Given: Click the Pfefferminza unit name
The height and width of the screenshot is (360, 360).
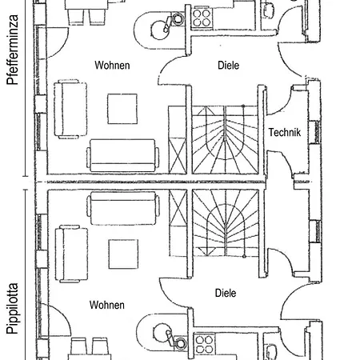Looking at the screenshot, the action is pos(13,50).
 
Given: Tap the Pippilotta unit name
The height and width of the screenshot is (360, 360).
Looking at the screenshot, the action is pos(13,309).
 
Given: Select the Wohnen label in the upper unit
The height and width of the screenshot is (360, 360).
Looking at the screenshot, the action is pos(112,66).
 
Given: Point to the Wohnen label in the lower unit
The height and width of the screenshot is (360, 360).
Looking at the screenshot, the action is pos(107,305).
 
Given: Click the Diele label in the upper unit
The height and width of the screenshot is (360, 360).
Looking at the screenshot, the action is pos(229,66).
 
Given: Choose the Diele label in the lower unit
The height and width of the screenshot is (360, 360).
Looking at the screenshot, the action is pos(226,293).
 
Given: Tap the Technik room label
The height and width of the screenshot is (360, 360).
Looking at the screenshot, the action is pos(285,132).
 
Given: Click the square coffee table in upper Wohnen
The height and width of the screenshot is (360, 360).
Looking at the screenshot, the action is pos(122,109).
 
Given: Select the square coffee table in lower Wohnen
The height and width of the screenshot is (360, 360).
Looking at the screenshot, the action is pos(123,254).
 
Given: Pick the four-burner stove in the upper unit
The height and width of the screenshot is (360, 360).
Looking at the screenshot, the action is pos(202,18).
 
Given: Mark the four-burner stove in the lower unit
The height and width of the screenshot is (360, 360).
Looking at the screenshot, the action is pos(205,344).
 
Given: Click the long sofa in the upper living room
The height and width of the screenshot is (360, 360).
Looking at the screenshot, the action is pos(122,155).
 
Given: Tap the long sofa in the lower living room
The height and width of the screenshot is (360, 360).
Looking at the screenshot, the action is pos(123,208).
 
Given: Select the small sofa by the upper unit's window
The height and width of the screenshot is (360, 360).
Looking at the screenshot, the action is pos(70,109).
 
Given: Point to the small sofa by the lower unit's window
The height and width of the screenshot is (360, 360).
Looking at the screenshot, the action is pos(71,254).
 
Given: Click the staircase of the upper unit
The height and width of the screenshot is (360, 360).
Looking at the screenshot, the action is pos(225,139).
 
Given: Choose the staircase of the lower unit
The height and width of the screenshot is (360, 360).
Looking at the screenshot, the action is pos(226,223).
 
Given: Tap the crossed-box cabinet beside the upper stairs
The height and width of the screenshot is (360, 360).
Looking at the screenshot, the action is pos(178,156).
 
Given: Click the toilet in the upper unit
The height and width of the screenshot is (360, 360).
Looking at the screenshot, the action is pos(269,10).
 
